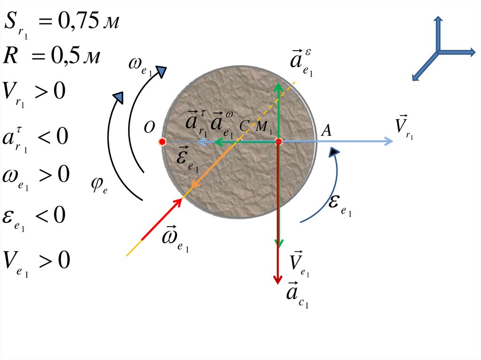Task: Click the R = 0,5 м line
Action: click(51, 56)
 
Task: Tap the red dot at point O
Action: click(162, 141)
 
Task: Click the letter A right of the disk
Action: click(326, 131)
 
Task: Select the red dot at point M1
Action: click(278, 141)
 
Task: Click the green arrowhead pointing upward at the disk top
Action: click(278, 87)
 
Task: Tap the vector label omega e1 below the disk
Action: click(174, 238)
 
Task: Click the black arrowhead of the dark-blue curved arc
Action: click(334, 152)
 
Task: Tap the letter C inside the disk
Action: click(244, 126)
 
